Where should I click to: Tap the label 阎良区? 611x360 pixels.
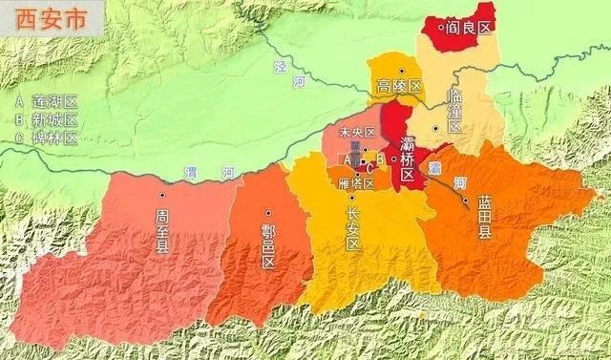pos(470,28)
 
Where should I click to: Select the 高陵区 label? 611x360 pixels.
pos(399,88)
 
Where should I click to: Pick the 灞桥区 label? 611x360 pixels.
pos(408,160)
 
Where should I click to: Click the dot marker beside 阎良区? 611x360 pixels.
pos(441,28)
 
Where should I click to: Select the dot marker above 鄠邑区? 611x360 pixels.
pos(268,213)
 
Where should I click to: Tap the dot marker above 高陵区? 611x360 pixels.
pos(403,71)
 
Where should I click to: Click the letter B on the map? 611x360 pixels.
pos(379,159)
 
